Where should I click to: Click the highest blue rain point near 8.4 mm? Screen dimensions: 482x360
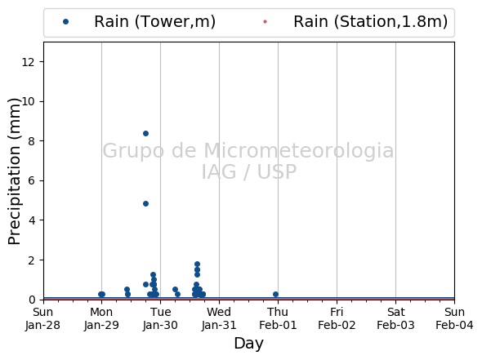point(145,133)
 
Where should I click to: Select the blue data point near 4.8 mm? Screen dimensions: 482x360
point(145,203)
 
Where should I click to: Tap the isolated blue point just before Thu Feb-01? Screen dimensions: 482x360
point(276,294)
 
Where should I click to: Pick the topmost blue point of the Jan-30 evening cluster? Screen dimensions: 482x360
point(198,264)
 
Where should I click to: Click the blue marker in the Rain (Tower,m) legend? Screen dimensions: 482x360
point(65,21)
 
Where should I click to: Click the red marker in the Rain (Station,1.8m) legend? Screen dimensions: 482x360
point(265,21)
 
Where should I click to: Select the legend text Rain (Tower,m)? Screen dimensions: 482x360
point(154,22)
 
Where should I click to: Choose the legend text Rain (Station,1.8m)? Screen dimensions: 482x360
point(370,22)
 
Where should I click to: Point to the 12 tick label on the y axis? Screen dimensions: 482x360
point(28,62)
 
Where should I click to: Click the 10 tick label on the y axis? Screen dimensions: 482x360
point(28,101)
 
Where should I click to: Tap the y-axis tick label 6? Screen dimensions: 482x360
point(31,180)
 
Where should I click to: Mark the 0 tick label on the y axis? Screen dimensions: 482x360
point(31,300)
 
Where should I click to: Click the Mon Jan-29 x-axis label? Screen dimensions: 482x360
point(101,318)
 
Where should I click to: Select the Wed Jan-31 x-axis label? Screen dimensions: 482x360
point(219,318)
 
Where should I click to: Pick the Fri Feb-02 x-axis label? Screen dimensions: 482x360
point(337,318)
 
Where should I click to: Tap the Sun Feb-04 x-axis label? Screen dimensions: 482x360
point(454,318)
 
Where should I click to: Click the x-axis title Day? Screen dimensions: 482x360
point(248,344)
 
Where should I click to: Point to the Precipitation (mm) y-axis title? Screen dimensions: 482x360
point(14,171)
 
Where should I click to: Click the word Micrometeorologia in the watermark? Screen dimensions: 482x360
point(298,150)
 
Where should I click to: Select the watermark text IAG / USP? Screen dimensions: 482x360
point(249,171)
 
